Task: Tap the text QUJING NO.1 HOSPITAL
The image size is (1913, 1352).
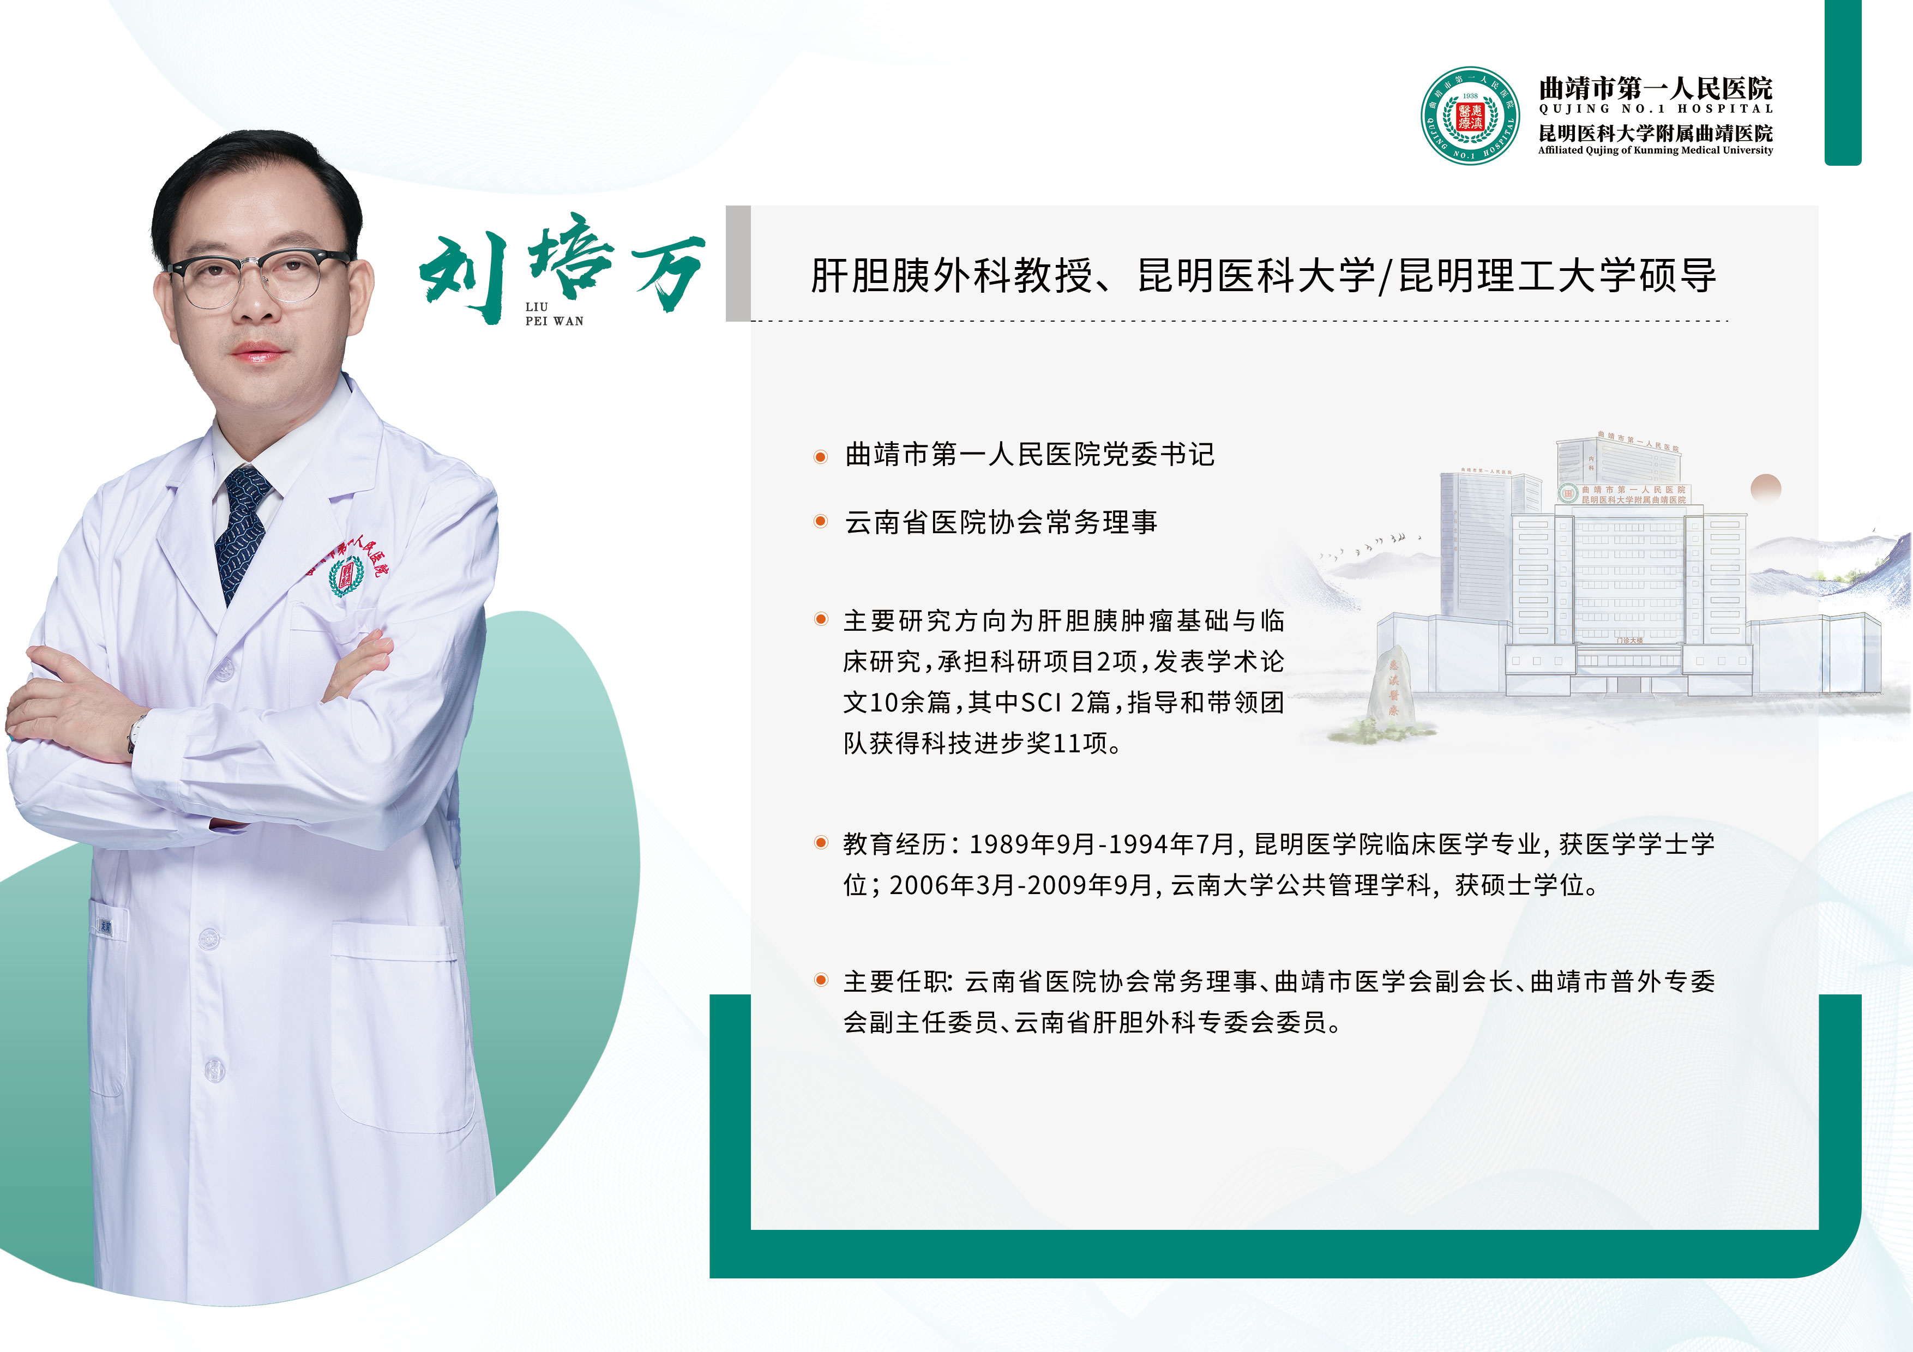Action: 1656,109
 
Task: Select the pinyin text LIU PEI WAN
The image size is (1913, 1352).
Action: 554,314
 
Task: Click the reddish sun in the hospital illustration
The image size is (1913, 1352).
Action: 1766,488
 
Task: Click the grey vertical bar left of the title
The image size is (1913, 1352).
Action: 738,263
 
